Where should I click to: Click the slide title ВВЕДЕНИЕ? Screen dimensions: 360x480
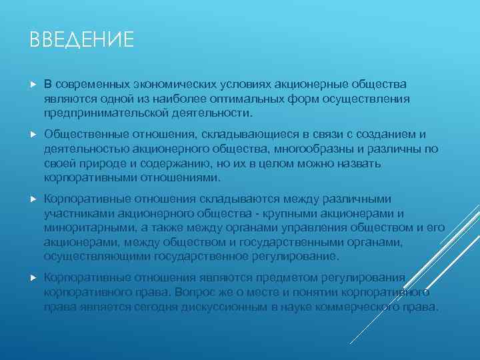point(82,40)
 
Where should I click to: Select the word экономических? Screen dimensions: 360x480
point(169,85)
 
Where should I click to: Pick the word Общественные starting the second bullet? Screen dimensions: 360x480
point(83,134)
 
